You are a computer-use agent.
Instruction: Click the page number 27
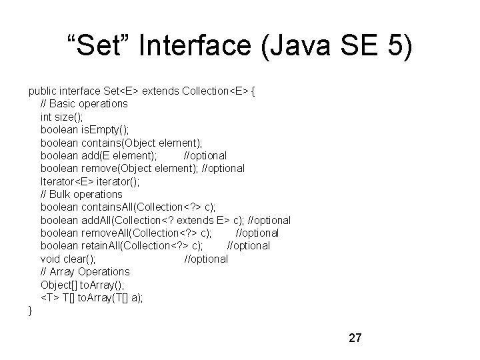[355, 338]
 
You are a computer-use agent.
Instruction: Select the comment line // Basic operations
[84, 104]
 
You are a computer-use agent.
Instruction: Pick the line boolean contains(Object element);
[121, 143]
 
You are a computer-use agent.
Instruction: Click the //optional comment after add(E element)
[205, 155]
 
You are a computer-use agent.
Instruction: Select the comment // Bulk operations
[81, 194]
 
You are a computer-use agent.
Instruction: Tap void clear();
[68, 259]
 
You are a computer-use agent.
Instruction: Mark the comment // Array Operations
[85, 271]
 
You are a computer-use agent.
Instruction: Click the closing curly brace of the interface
[30, 310]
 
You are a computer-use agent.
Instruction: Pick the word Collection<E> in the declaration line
[210, 91]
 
